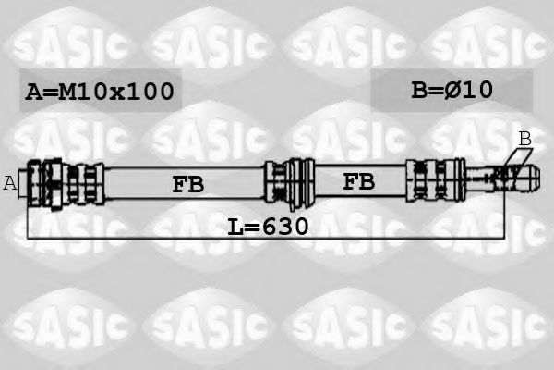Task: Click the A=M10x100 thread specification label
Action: [x=100, y=92]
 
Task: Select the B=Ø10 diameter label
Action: [x=452, y=89]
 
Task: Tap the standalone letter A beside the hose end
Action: [x=10, y=182]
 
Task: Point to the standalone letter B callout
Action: [x=524, y=138]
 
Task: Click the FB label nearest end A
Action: [x=187, y=183]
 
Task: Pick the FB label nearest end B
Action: [x=359, y=181]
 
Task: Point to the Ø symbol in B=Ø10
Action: [x=455, y=89]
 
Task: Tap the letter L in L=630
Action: [x=235, y=226]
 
